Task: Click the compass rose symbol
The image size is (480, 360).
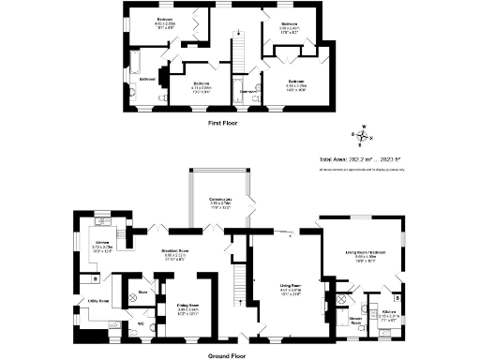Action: coord(364,138)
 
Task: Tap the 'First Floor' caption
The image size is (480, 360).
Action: coord(227,123)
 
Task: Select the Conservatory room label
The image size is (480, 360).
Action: coord(220,201)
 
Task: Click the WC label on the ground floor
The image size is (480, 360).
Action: coord(141,324)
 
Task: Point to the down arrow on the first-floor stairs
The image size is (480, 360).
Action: coord(239,35)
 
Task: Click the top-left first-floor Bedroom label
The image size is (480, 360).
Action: coord(138,21)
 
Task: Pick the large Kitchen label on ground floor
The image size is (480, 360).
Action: coord(102,244)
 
